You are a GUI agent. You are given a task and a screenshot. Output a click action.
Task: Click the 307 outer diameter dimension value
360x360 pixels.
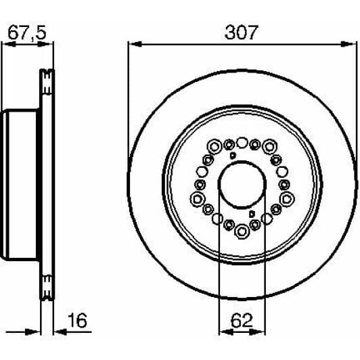(x=242, y=32)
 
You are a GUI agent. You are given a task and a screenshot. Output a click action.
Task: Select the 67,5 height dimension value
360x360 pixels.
(x=27, y=32)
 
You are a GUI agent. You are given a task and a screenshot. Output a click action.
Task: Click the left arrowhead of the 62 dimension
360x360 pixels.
(x=222, y=332)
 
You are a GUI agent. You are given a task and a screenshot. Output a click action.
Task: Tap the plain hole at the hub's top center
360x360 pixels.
(x=242, y=142)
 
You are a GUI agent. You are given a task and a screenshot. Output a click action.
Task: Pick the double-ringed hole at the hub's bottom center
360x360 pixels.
(x=242, y=232)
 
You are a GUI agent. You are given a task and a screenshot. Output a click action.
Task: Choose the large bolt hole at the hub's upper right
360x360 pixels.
(x=270, y=145)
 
